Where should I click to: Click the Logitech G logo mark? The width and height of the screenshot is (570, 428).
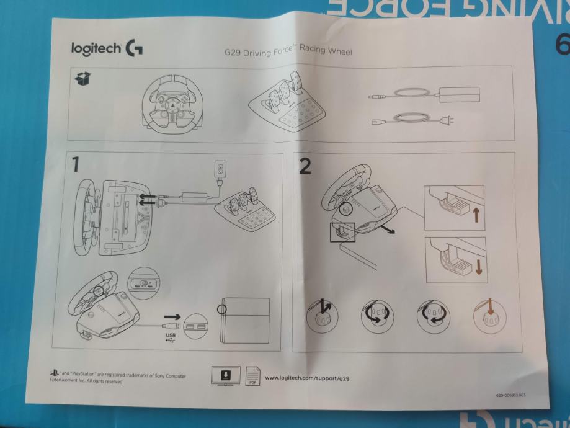133,48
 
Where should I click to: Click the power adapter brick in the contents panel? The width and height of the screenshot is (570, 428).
458,94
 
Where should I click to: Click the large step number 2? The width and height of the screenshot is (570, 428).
304,166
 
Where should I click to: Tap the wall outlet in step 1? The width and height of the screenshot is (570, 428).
220,169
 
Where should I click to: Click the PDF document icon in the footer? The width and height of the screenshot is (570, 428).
252,376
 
